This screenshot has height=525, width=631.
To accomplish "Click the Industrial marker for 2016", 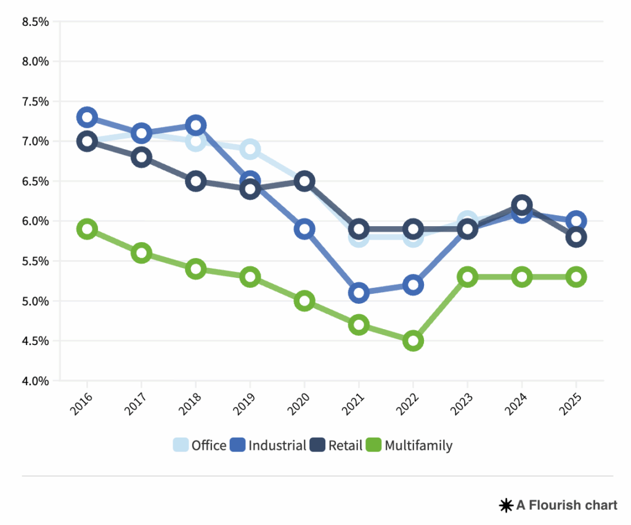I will pos(87,116).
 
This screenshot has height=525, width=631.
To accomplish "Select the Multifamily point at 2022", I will pos(413,341).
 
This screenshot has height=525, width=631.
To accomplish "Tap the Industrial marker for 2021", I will pos(359,293).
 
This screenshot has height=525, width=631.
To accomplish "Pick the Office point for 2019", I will pos(250,149).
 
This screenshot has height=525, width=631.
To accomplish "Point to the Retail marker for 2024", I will pos(521,205).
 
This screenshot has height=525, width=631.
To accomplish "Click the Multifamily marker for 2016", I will pos(87,229).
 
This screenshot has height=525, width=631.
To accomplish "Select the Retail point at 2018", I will pos(195,181).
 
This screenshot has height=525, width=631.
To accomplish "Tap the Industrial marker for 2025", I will pos(576,221).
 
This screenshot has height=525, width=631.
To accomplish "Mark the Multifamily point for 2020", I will pos(304,301).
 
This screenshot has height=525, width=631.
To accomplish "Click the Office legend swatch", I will pos(181,445).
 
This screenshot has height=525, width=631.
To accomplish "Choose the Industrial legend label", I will pos(277,445).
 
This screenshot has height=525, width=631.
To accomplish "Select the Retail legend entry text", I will pos(345,445).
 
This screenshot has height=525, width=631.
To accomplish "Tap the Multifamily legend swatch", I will pos(373,445).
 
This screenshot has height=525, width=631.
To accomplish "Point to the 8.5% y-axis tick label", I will pos(35,22).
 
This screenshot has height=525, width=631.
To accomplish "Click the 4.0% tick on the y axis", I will pos(35,381).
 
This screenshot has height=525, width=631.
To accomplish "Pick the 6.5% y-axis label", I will pos(35,181).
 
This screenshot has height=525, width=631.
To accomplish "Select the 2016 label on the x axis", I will pos(83,404).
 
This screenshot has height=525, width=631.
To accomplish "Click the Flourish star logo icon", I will pos(506,506).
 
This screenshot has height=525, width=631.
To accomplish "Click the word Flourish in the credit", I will pos(553,505).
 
